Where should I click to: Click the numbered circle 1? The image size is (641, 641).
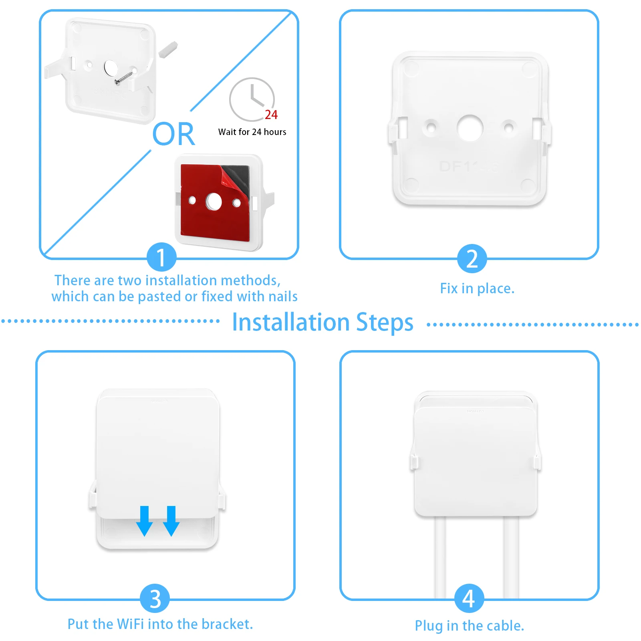161,257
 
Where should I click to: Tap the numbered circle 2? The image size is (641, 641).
472,258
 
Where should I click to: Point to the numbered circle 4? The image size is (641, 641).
469,599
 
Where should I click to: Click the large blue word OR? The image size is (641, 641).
173,134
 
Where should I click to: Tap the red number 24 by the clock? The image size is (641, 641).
271,115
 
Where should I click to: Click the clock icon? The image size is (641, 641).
252,99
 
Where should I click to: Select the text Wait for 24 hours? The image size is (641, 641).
252,132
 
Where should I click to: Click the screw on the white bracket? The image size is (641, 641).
125,77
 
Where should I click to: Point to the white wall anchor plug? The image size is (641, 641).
168,48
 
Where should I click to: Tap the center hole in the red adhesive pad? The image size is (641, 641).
214,202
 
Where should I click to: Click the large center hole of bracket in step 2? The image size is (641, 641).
470,128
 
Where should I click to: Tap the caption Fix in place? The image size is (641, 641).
477,288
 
